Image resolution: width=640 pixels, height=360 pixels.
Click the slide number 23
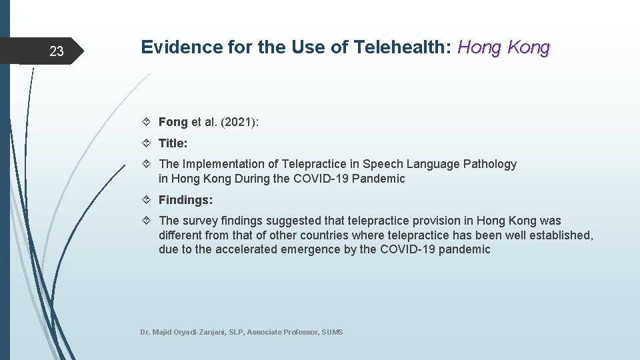[x=57, y=51]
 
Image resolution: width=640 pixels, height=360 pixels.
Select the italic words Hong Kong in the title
[x=504, y=47]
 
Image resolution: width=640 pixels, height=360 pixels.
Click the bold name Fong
[x=173, y=122]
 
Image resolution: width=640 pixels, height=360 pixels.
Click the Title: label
[x=173, y=143]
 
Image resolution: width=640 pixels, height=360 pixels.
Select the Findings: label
[x=185, y=200]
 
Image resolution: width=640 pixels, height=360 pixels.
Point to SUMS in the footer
[x=332, y=332]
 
